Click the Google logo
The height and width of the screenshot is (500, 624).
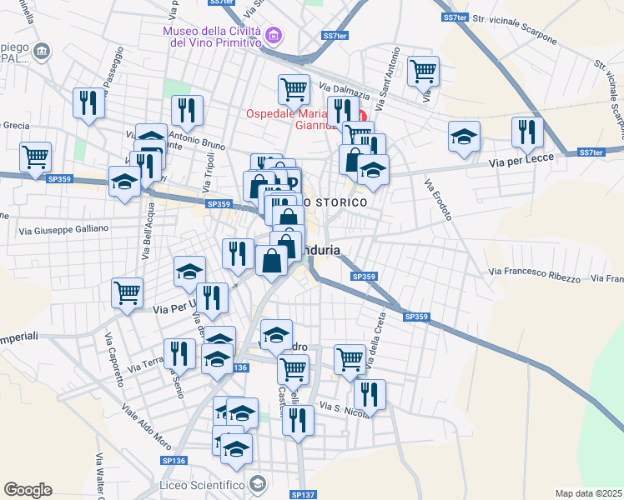28,490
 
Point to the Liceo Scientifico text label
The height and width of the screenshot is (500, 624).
204,484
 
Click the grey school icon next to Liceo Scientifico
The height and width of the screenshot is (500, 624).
259,484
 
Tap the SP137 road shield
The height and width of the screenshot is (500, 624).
304,494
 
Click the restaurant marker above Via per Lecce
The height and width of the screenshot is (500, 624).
527,131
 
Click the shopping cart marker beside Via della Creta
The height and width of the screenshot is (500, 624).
350,359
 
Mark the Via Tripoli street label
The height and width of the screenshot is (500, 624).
208,170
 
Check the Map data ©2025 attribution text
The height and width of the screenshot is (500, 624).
589,493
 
